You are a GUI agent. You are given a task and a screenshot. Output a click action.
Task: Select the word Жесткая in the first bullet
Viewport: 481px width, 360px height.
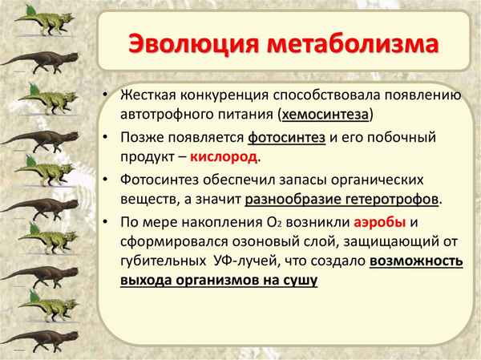[148, 96]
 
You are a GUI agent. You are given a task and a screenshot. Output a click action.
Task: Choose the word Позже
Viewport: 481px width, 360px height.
[140, 137]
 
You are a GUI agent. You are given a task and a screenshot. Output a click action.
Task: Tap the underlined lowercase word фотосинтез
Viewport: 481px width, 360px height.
[287, 137]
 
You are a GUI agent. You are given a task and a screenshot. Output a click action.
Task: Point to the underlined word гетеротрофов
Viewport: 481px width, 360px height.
[386, 198]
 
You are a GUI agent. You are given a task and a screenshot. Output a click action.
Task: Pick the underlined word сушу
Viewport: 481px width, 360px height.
[301, 280]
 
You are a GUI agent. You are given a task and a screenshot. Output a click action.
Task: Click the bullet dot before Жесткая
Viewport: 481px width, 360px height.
[106, 97]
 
